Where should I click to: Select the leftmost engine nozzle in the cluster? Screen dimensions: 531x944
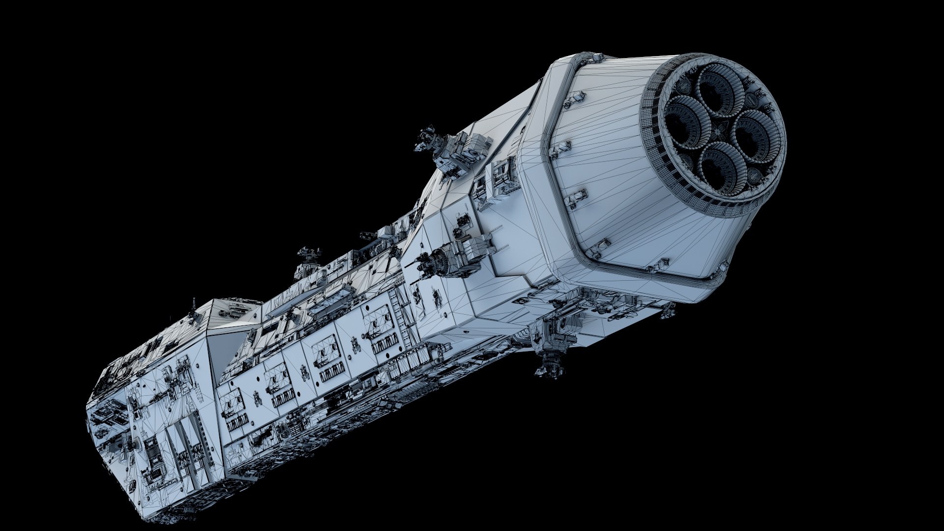coord(683,118)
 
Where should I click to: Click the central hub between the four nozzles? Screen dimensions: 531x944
coord(718,125)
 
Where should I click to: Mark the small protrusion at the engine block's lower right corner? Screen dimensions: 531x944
coord(669,310)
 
